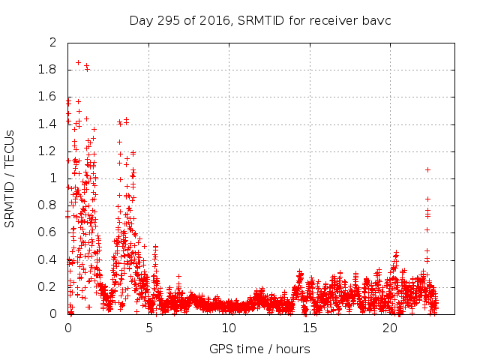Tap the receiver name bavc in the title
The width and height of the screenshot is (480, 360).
point(376,20)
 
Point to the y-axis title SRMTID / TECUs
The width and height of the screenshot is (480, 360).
point(10,178)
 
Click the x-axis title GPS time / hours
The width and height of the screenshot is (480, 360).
point(259,349)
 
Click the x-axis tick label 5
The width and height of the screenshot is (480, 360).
point(148,328)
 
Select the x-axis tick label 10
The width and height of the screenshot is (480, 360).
point(229,328)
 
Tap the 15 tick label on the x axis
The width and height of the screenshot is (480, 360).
point(309,328)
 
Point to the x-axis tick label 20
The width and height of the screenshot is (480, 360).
point(389,328)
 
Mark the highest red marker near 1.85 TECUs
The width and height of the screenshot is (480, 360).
point(78,63)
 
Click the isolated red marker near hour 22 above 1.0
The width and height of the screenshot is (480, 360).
point(427,169)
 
